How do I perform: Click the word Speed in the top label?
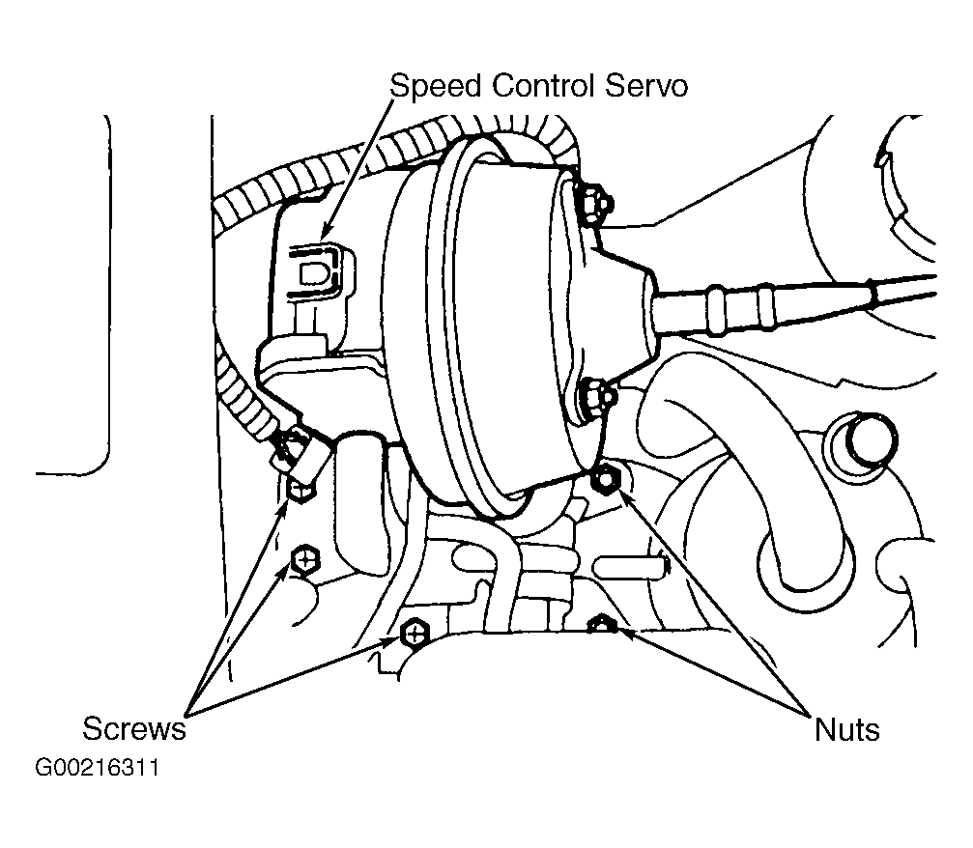pyautogui.click(x=435, y=87)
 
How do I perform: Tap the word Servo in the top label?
pyautogui.click(x=646, y=86)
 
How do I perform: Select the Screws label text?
pyautogui.click(x=134, y=728)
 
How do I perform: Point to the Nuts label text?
pyautogui.click(x=846, y=729)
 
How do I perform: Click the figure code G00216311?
pyautogui.click(x=97, y=768)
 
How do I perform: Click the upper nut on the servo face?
pyautogui.click(x=596, y=202)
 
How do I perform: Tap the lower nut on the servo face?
pyautogui.click(x=596, y=398)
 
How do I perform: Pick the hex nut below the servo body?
pyautogui.click(x=604, y=478)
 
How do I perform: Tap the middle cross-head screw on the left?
pyautogui.click(x=304, y=561)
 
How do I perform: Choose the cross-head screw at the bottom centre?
pyautogui.click(x=414, y=634)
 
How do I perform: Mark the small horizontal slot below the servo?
pyautogui.click(x=630, y=566)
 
